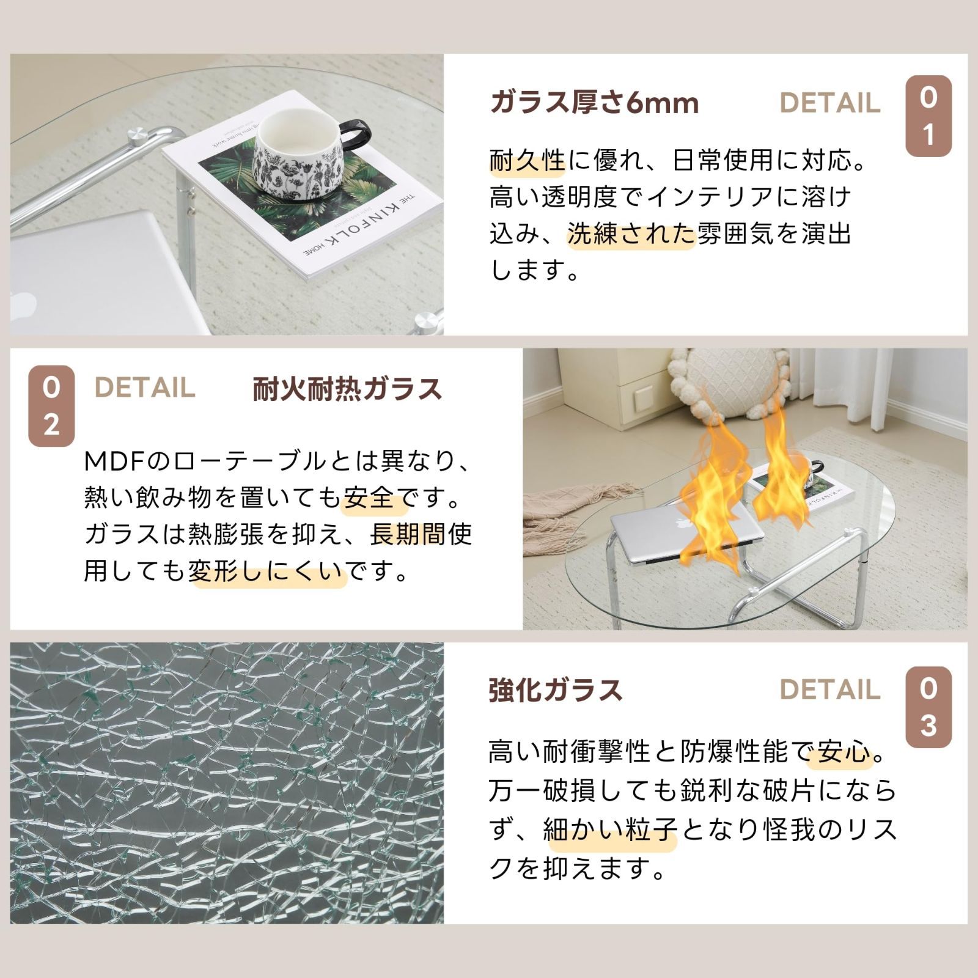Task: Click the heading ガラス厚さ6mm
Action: click(x=594, y=103)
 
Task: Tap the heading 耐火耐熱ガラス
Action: click(x=347, y=389)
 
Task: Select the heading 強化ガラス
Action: click(x=555, y=690)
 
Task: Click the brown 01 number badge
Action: click(x=928, y=116)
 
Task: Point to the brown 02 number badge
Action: click(x=51, y=406)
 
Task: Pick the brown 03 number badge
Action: click(x=928, y=707)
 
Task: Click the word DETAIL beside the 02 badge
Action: click(x=145, y=388)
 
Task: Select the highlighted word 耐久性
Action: click(x=528, y=161)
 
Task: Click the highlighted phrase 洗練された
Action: click(x=631, y=234)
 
